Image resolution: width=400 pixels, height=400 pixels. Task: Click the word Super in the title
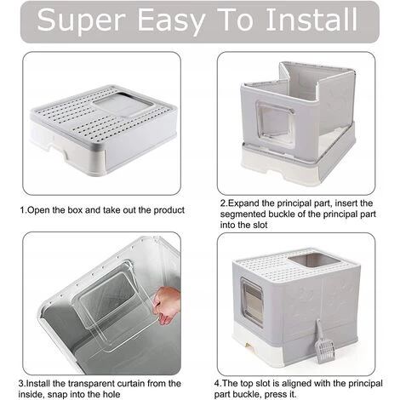point(82,20)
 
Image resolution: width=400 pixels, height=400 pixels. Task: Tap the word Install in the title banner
point(311,19)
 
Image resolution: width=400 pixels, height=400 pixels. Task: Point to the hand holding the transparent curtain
point(167,305)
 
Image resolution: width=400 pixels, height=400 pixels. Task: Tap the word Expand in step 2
point(243,203)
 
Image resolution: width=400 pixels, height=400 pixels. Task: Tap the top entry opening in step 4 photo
point(313,260)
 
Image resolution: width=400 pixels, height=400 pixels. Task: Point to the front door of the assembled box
point(252,301)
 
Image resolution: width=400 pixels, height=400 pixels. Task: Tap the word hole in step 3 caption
point(110,394)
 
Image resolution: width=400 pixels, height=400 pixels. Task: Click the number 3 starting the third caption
point(20,384)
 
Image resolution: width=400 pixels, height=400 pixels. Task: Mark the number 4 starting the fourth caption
point(217,384)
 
